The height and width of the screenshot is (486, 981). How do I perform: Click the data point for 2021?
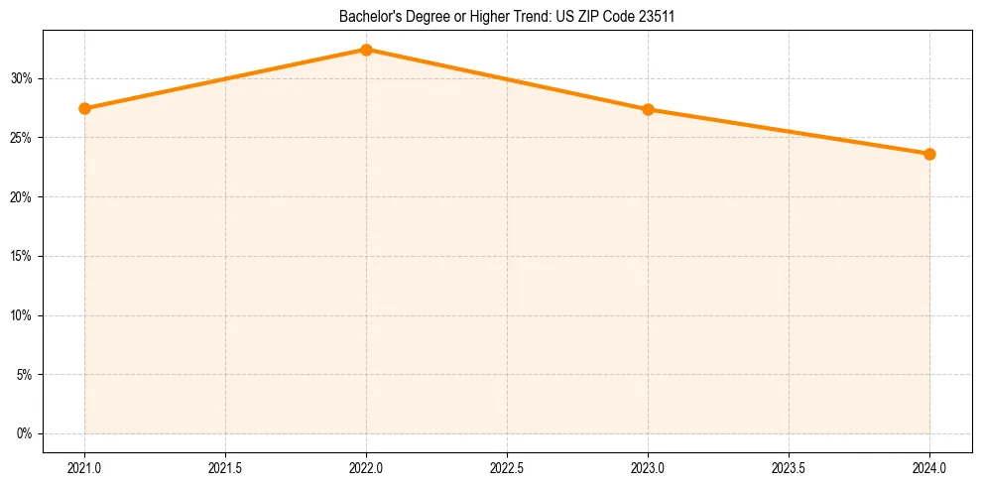click(84, 108)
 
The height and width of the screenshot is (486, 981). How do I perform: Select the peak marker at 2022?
click(366, 50)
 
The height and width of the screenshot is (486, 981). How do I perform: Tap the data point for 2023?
click(648, 109)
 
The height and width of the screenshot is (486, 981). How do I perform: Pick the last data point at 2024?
click(929, 154)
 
